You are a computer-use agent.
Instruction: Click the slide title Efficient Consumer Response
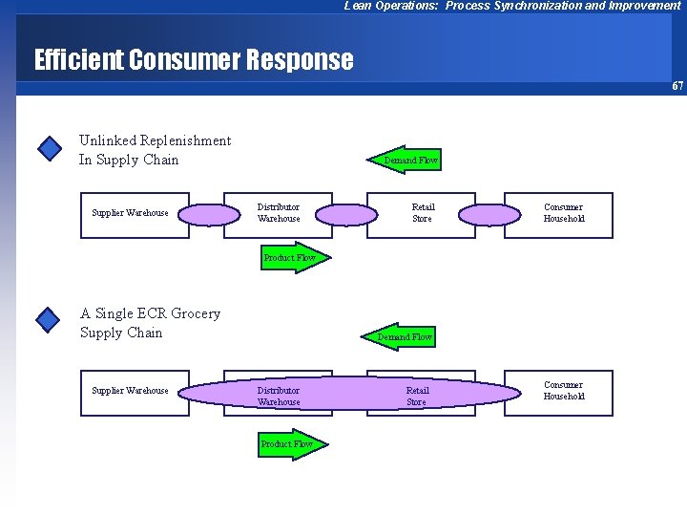[x=194, y=60]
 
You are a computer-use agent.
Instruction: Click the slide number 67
[x=677, y=86]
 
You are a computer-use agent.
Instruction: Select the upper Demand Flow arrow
[x=406, y=161]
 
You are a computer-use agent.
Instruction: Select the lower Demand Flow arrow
[x=399, y=336]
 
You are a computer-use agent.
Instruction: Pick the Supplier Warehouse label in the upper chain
[x=130, y=213]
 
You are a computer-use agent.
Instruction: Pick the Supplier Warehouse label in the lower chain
[x=130, y=391]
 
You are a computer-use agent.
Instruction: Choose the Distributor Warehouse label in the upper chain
[x=279, y=213]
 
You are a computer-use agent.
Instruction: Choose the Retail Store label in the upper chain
[x=423, y=213]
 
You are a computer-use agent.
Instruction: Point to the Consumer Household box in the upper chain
[x=563, y=213]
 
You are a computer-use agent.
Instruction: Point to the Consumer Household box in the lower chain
[x=563, y=391]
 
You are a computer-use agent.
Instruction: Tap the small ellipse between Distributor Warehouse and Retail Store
[x=347, y=213]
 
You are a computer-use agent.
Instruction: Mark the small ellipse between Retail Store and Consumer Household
[x=489, y=213]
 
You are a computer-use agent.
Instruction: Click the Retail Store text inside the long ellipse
[x=417, y=397]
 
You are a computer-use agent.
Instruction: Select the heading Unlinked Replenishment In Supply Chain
[x=155, y=150]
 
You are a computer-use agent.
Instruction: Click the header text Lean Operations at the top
[x=512, y=6]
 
